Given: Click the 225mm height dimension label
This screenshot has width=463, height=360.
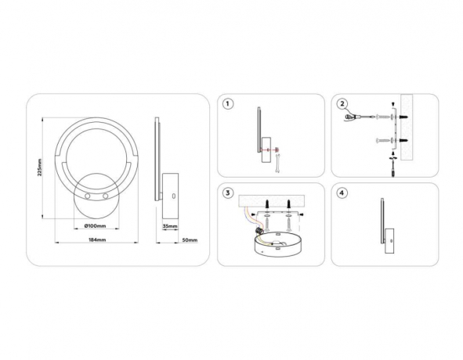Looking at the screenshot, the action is tap(40, 167).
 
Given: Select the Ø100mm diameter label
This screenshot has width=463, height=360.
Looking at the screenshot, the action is tap(95, 226).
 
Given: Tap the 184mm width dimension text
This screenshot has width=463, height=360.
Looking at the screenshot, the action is tap(97, 240).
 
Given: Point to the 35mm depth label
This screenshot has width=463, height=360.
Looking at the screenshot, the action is tap(170, 226).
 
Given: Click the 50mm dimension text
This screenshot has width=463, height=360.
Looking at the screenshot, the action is tap(190, 240).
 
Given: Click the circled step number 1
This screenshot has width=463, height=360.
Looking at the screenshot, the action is tap(228, 104).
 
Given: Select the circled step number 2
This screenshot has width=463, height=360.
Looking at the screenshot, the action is tap(342, 104).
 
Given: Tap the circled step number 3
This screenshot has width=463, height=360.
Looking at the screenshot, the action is tap(228, 193).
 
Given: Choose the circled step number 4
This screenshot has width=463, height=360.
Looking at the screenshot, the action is tap(342, 193).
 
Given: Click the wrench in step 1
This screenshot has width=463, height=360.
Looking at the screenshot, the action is tap(277, 164).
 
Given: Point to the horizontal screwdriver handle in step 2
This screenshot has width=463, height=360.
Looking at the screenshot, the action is tap(350, 117).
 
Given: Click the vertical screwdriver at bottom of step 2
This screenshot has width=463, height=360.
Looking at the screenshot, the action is tap(393, 166).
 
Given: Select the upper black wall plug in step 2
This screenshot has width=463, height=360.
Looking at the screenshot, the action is tap(404, 117).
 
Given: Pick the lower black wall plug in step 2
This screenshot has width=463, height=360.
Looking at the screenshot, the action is tap(404, 140).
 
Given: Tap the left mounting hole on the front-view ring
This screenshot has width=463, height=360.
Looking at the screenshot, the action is tap(88, 196).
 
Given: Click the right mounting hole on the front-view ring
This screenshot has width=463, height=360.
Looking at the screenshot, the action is tap(106, 196).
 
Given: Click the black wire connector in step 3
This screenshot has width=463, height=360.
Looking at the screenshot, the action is tap(259, 231).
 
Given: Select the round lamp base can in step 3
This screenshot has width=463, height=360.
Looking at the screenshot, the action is tap(278, 244).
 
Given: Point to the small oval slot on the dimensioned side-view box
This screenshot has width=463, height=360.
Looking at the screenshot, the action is tap(174, 196).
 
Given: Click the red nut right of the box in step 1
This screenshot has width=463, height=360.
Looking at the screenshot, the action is tap(277, 149).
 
